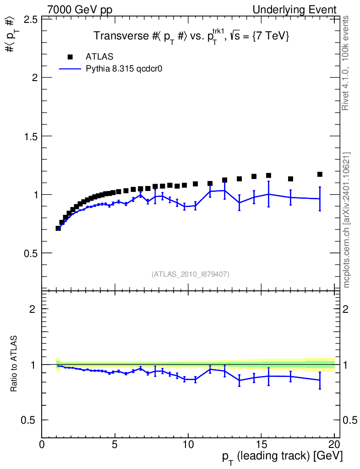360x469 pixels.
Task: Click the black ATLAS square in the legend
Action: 70,57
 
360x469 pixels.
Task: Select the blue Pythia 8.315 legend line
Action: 70,69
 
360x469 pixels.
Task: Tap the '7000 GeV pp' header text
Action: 80,10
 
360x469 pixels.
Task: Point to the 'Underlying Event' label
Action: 295,10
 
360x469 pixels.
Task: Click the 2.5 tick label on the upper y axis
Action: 30,20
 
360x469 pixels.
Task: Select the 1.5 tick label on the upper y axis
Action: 30,136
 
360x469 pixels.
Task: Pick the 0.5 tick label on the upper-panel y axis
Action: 30,253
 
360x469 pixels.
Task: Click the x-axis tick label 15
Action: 262,444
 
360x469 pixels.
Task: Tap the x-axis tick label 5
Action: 115,444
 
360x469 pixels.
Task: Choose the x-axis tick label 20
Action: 335,444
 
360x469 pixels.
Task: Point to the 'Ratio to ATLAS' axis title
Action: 14,364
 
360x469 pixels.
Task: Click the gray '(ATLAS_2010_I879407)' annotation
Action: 191,274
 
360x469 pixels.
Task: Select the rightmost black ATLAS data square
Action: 320,175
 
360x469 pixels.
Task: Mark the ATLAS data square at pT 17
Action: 290,179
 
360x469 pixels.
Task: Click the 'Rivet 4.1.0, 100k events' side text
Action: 345,63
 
